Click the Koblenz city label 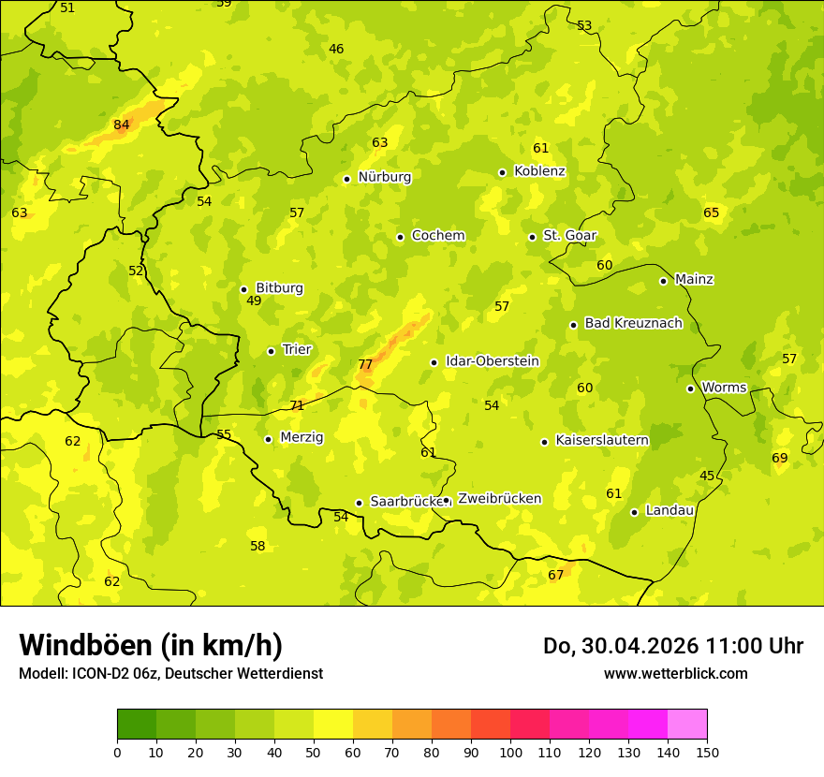click(x=539, y=171)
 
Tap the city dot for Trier click(x=272, y=351)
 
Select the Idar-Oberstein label click(x=492, y=361)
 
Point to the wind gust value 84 click(x=122, y=125)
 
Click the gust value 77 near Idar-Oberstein click(x=365, y=364)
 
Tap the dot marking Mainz click(x=663, y=281)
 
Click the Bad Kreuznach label click(x=633, y=323)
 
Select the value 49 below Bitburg click(x=254, y=301)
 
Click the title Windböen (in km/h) click(x=151, y=645)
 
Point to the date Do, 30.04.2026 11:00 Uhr click(x=673, y=646)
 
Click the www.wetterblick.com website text click(x=675, y=673)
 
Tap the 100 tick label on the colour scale click(x=510, y=752)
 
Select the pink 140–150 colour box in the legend click(x=687, y=724)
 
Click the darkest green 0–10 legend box click(x=137, y=724)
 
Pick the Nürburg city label click(x=384, y=176)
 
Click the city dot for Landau click(x=634, y=512)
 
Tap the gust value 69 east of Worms click(x=780, y=458)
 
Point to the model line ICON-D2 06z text click(x=170, y=673)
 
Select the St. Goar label click(x=569, y=235)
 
